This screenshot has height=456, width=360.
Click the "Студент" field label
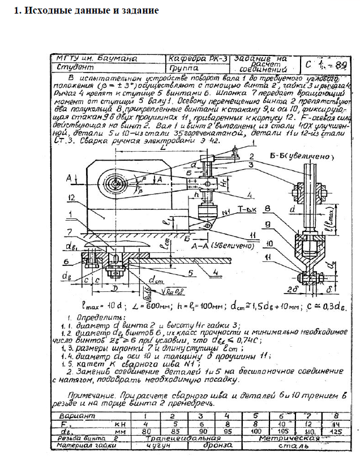point(74,67)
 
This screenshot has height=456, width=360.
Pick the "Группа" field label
point(187,67)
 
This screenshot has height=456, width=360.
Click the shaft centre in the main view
point(115,183)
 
